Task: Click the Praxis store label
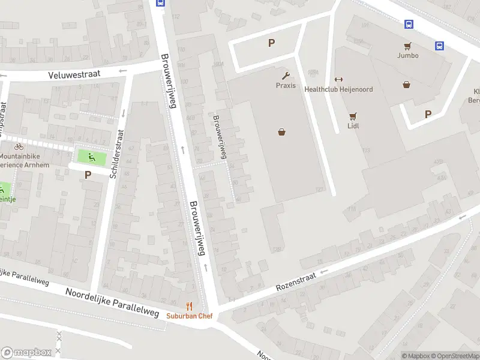(x=286, y=85)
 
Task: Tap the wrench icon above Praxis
(x=286, y=76)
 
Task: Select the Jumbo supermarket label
(x=407, y=56)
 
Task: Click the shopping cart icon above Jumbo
(x=407, y=46)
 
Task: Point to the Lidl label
(x=353, y=126)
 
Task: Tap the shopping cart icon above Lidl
(x=353, y=116)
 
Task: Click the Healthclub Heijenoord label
(x=338, y=89)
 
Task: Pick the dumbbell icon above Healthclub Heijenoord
(x=338, y=80)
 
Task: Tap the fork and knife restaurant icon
(x=190, y=306)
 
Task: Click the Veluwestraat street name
(x=76, y=74)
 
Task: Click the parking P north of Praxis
(x=271, y=43)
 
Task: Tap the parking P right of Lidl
(x=428, y=114)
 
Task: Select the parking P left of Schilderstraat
(x=88, y=175)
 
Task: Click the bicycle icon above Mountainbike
(x=19, y=146)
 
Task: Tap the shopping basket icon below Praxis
(x=281, y=132)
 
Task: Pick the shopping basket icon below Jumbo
(x=407, y=85)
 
